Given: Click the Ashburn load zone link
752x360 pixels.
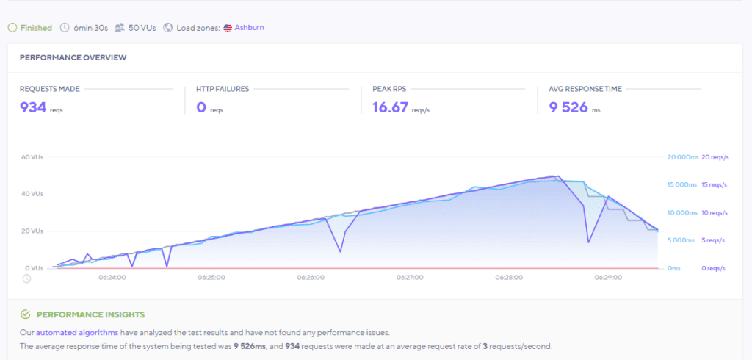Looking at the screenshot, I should point(249,28).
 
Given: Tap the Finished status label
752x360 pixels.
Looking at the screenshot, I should point(35,28).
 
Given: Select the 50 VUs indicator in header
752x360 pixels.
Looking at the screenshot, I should point(142,28).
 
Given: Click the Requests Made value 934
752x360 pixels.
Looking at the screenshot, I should point(33,107).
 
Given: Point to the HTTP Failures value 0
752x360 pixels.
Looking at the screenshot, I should point(200,107).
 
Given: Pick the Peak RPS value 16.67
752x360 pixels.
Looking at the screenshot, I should point(390,107).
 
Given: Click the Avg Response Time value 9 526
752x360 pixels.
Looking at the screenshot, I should point(568,107).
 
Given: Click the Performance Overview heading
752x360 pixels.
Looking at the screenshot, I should point(73,57).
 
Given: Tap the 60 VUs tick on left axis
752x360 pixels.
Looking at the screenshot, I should point(33,157).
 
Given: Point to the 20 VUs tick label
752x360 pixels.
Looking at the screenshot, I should point(33,231).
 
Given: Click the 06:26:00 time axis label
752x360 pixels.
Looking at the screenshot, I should point(311,278).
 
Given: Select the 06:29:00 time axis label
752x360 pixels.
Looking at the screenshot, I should point(608,278).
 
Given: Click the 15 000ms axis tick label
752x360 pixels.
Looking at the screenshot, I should point(681,185).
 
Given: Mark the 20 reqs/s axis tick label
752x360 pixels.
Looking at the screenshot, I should point(715,157).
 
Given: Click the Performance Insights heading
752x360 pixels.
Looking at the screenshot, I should point(90,314).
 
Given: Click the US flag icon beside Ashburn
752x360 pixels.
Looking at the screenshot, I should point(228,28).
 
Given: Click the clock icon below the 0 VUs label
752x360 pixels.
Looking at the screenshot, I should point(26,278).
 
